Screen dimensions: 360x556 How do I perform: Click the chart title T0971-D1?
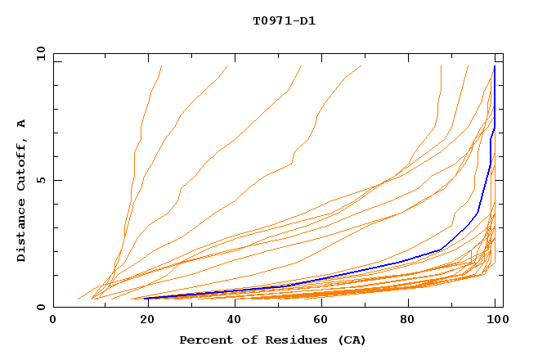284,20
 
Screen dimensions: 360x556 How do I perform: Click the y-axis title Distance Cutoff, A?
22,191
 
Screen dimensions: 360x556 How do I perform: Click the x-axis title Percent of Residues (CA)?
272,340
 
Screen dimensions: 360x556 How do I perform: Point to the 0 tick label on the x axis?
53,320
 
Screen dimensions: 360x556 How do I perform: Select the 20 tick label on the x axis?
142,320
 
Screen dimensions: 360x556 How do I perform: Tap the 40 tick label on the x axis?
231,320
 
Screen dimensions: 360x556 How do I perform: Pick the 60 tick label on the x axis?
320,320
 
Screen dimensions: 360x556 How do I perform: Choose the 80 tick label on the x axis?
408,320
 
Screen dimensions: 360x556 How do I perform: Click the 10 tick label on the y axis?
39,53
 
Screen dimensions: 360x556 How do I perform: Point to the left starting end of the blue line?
146,298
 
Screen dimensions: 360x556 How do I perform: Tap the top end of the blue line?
495,66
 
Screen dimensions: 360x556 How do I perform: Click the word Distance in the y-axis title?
22,233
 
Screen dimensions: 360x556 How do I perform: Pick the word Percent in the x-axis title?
204,340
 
